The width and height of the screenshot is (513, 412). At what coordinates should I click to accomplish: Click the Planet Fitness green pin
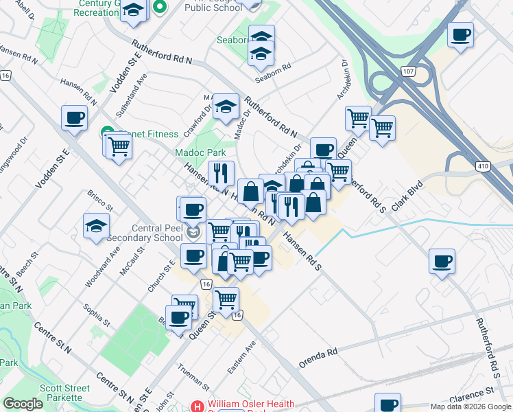pyautogui.click(x=107, y=132)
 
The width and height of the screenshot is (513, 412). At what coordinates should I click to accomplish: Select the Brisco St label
pyautogui.click(x=100, y=200)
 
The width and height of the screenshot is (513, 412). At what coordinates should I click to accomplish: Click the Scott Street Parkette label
pyautogui.click(x=64, y=393)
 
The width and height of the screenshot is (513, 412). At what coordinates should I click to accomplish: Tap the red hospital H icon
pyautogui.click(x=199, y=407)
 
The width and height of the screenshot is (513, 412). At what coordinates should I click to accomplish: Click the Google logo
pyautogui.click(x=23, y=404)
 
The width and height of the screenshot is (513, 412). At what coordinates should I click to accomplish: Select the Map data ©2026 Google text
pyautogui.click(x=470, y=407)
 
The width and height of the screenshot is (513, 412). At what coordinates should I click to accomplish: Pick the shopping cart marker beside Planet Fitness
pyautogui.click(x=119, y=146)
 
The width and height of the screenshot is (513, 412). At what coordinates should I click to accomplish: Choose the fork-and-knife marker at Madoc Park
pyautogui.click(x=222, y=174)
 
